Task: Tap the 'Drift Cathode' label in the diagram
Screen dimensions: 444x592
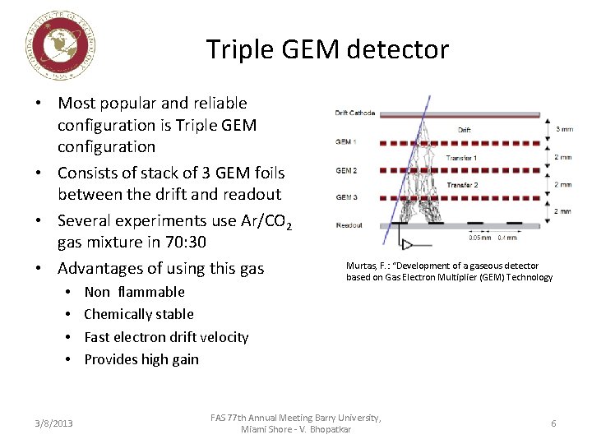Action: point(354,113)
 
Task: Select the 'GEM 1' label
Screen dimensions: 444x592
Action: point(345,141)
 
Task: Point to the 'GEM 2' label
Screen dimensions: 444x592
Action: point(345,170)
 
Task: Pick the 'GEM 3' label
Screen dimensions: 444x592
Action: point(345,197)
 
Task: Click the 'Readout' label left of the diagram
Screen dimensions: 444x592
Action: point(349,224)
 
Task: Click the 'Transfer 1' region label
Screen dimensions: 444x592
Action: point(461,158)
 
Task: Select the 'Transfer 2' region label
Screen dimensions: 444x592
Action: point(461,185)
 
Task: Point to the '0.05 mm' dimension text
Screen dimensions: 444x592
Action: point(480,238)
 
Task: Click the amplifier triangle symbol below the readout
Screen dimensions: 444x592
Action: point(405,244)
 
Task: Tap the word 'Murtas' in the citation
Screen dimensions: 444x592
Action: point(362,266)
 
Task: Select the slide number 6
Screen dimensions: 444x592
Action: point(553,423)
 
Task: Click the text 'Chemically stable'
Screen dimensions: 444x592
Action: point(139,314)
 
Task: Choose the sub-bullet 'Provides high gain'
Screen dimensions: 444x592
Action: point(141,359)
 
